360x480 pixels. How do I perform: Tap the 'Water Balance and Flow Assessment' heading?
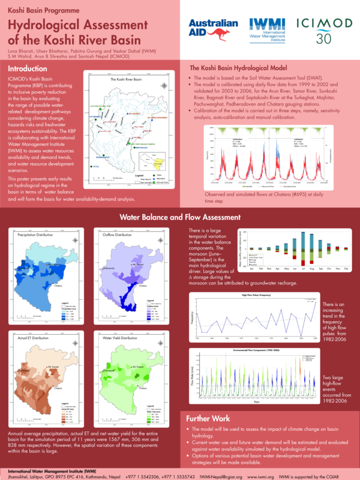tap(180, 217)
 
